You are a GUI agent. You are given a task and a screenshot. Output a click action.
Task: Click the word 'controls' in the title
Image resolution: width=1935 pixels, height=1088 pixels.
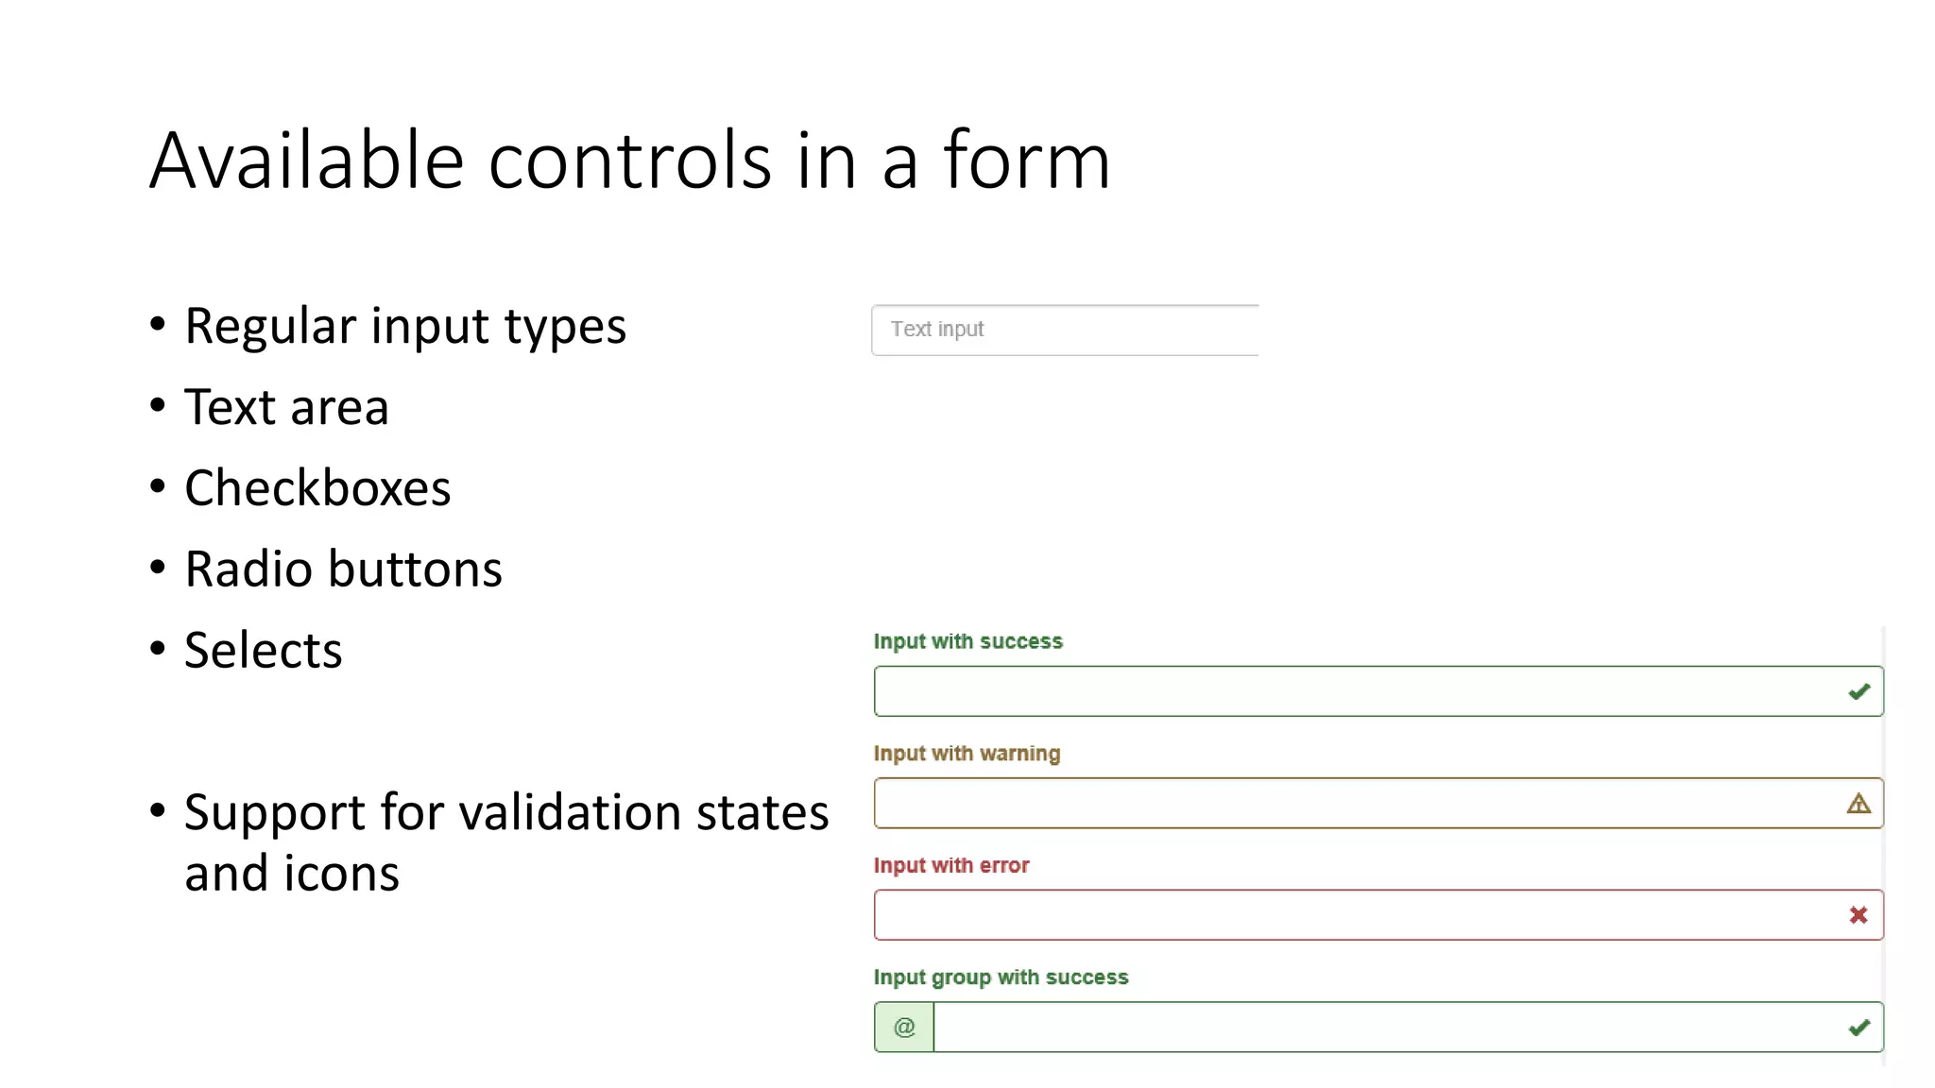coord(629,161)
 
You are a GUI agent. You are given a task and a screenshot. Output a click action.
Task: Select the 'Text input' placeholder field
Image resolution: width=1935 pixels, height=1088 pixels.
coord(1064,330)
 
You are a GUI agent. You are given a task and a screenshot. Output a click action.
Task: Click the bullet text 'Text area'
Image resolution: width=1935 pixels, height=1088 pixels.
coord(286,408)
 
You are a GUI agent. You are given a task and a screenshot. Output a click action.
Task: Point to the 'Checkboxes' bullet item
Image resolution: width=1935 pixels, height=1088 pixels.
coord(317,488)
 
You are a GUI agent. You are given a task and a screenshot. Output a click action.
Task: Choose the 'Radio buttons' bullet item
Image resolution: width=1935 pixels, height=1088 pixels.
coord(343,569)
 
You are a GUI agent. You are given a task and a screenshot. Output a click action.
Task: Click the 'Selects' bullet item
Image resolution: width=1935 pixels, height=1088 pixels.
coord(263,651)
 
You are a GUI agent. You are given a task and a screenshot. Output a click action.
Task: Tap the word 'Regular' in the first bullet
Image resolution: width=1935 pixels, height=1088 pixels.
coord(270,327)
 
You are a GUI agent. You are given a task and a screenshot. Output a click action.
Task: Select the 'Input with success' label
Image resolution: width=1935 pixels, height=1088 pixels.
coord(967,641)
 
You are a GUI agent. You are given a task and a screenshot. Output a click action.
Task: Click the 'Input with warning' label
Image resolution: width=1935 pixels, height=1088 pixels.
coord(967,754)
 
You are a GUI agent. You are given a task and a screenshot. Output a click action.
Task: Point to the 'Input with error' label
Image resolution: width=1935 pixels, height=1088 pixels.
coord(950,865)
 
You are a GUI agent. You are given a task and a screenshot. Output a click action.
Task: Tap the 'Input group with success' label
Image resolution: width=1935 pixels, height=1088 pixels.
coord(1001,977)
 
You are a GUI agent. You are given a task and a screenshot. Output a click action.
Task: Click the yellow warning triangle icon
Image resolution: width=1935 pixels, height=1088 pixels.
coord(1858,804)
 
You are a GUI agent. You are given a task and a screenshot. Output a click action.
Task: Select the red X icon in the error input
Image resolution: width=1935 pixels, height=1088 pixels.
coord(1858,915)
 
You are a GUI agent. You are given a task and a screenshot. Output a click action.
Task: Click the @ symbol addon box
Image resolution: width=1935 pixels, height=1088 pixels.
coord(903,1028)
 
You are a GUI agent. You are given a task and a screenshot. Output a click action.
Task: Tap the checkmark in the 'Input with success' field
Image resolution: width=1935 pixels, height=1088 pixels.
coord(1858,692)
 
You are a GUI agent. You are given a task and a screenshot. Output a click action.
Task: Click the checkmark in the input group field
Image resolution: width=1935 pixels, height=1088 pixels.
coord(1858,1028)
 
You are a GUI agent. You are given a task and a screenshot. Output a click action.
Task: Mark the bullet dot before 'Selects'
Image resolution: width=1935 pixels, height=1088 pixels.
coord(158,649)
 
